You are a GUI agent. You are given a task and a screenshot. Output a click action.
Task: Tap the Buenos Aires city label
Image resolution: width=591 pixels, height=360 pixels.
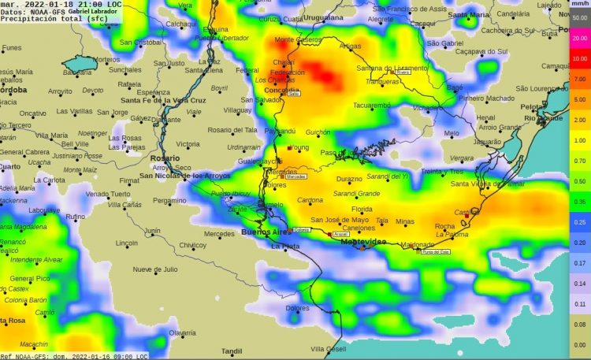point(265,232)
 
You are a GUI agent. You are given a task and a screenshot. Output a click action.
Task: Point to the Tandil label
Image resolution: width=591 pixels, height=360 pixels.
point(231,351)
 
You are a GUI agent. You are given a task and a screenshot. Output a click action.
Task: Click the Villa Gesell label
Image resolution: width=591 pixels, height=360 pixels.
point(329,348)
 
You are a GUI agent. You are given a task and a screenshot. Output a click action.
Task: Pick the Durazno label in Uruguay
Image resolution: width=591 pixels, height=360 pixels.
point(349,180)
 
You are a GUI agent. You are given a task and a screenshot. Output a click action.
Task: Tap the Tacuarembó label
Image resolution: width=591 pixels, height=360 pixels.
point(371,105)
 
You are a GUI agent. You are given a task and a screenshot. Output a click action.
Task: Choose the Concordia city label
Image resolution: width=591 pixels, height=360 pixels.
point(281,89)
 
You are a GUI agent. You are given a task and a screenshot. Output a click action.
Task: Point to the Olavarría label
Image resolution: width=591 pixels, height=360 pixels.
point(182,333)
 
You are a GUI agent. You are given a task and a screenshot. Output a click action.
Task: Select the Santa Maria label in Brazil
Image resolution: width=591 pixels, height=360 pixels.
point(468,14)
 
